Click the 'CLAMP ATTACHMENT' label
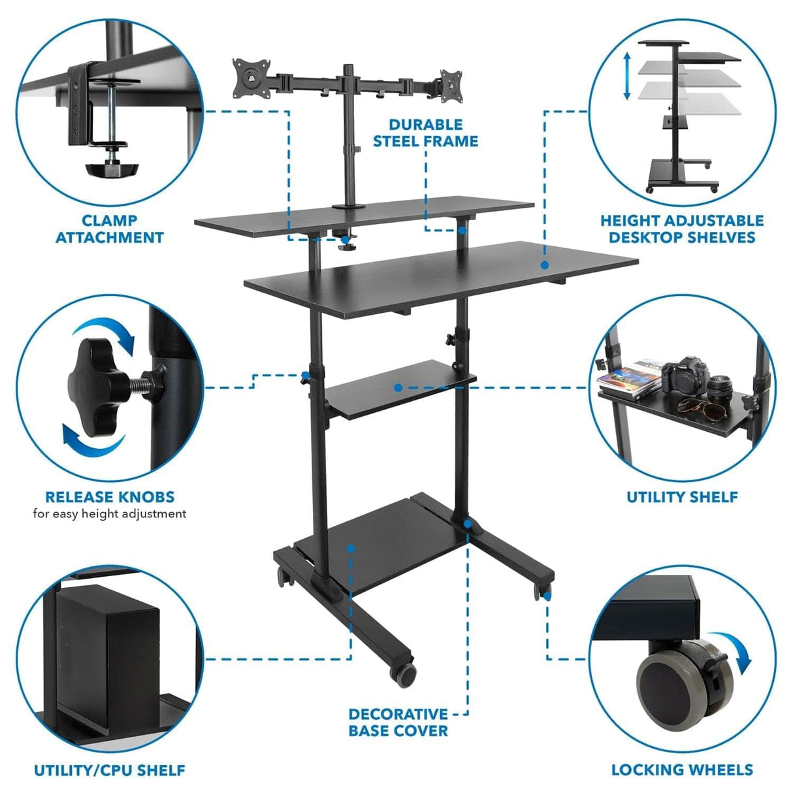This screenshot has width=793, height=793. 109,229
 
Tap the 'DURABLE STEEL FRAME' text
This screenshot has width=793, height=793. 425,133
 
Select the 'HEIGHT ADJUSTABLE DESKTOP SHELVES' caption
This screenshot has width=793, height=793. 681,229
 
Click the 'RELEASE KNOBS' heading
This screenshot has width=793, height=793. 110,497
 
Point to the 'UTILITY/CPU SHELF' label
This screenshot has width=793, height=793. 110,771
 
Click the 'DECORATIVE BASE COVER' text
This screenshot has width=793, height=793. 398,722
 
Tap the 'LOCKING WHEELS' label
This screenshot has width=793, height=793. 682,770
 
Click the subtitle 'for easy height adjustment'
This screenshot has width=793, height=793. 110,514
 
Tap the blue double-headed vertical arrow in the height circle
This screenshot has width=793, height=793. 626,76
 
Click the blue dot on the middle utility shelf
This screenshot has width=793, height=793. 398,387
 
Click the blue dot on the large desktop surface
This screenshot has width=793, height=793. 543,265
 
